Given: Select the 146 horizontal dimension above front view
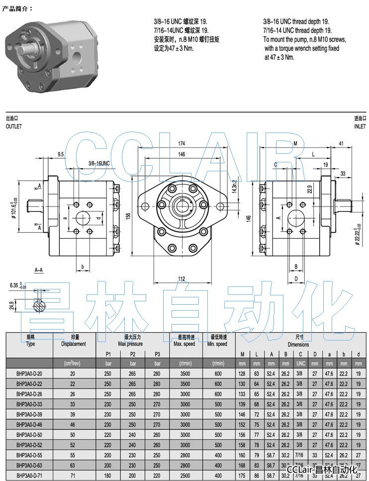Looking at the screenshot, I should tap(182, 154).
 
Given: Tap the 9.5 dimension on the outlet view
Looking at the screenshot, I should tap(61, 154).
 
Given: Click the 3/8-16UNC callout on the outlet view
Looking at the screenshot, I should tap(98, 163).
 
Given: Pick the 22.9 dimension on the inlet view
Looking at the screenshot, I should tap(309, 189).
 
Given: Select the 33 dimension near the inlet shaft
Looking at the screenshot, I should tap(343, 174).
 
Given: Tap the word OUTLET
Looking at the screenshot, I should tap(14, 127).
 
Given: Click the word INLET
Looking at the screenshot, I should tap(360, 127).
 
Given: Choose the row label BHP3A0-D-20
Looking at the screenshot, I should tap(29, 373).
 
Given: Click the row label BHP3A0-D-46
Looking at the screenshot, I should tap(29, 424).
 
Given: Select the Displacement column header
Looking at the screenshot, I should tap(74, 344).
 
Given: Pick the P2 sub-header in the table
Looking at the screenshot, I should tap(132, 354).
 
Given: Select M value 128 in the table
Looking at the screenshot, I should tap(242, 373).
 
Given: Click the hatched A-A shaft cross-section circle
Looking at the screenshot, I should tap(39, 306).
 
